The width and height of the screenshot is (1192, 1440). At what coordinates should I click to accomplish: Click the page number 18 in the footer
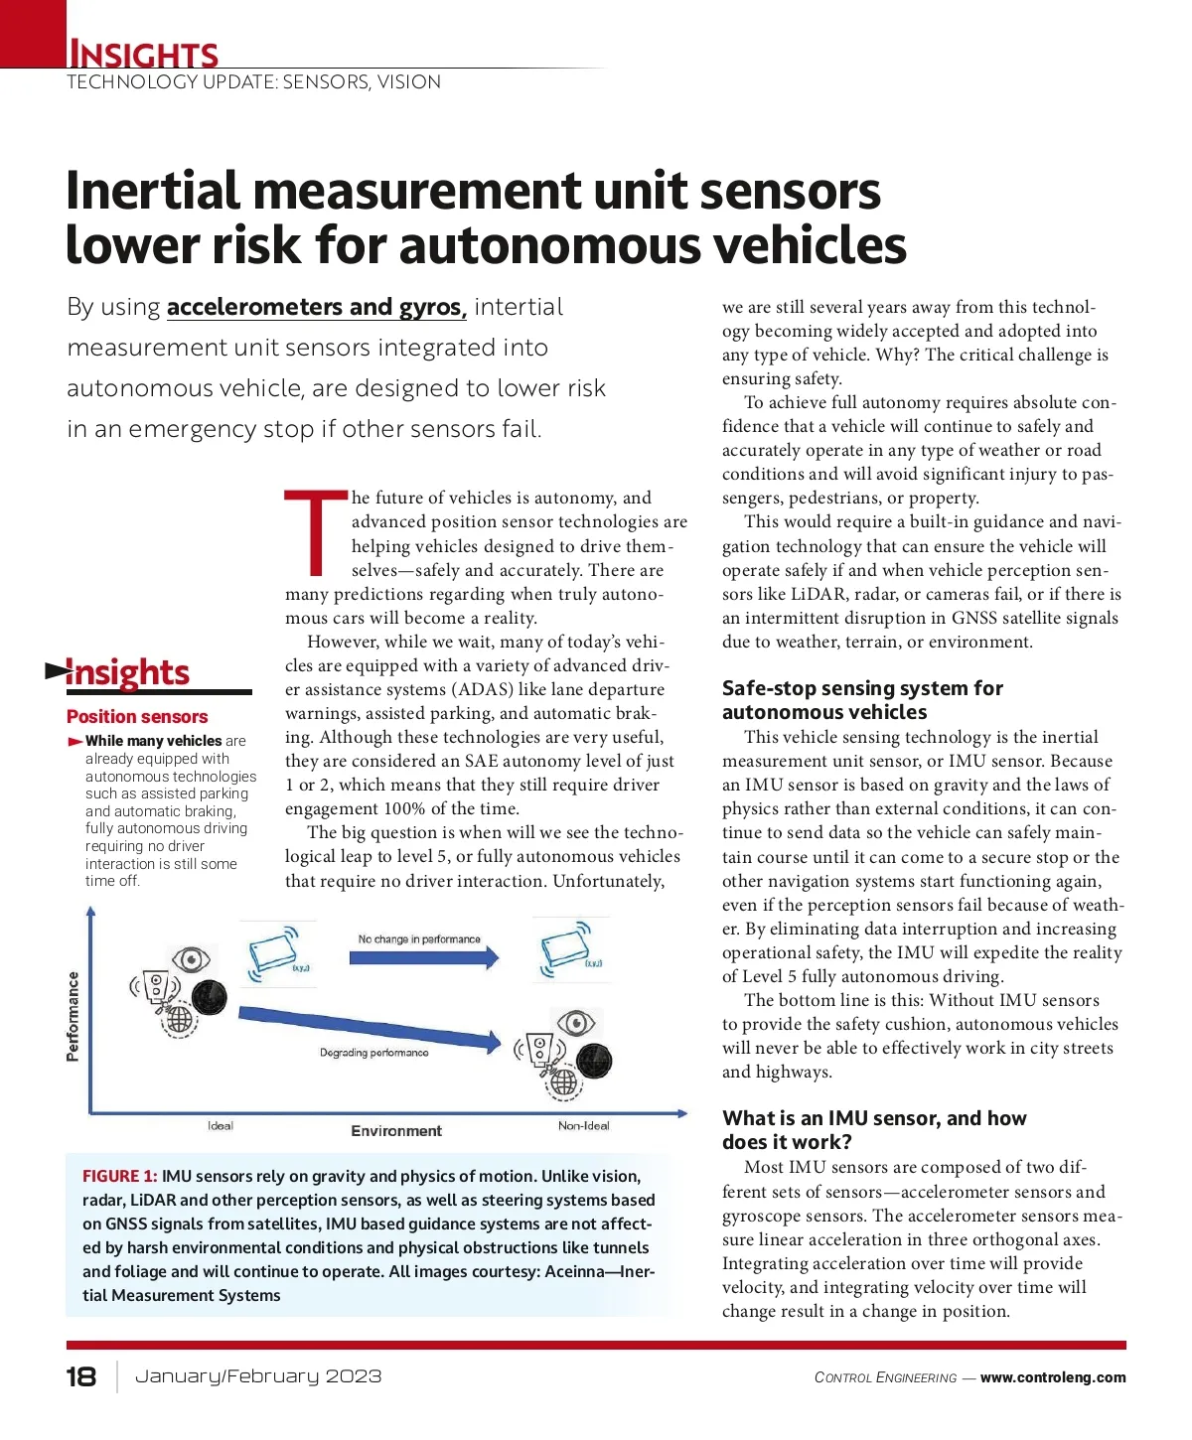click(x=81, y=1376)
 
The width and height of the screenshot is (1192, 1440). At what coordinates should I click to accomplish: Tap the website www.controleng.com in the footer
click(x=1053, y=1377)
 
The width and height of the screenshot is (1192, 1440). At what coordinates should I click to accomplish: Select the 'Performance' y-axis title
click(x=73, y=1016)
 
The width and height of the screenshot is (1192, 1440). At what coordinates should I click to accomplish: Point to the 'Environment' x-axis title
click(x=396, y=1131)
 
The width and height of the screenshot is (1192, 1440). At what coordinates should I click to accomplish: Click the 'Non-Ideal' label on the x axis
click(x=583, y=1125)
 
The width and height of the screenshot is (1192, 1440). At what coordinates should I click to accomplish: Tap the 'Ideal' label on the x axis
click(x=221, y=1125)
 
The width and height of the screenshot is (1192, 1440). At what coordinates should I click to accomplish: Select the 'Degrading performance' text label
click(x=373, y=1053)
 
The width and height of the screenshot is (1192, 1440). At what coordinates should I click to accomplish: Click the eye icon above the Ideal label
click(x=190, y=959)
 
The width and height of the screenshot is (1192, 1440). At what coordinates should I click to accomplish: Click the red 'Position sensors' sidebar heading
click(x=137, y=717)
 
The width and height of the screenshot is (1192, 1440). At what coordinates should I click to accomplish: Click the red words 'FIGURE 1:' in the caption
click(x=119, y=1176)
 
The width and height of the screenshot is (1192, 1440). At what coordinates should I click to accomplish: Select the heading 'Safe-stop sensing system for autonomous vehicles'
click(x=861, y=700)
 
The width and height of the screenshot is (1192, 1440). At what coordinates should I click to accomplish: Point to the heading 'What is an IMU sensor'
click(x=873, y=1130)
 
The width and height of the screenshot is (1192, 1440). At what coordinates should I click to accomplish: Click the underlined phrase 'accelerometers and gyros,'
click(x=316, y=308)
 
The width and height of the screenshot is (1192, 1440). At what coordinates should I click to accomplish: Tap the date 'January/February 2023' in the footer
click(x=258, y=1376)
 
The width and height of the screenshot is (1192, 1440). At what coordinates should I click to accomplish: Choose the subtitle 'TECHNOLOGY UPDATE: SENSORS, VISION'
click(x=253, y=82)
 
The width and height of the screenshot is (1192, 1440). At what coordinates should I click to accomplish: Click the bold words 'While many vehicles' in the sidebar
click(x=153, y=741)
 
